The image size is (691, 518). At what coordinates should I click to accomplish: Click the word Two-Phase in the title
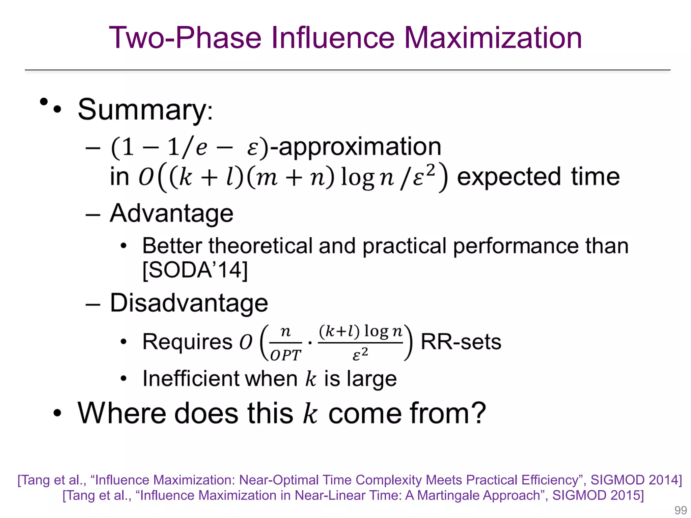[x=185, y=38]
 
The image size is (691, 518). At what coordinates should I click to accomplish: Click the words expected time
[x=538, y=177]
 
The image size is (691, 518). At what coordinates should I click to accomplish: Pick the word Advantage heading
[x=171, y=213]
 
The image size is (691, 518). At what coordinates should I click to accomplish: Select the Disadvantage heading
[x=189, y=303]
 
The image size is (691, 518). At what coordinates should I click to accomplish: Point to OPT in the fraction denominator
[x=285, y=355]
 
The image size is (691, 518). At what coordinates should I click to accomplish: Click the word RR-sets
[x=461, y=342]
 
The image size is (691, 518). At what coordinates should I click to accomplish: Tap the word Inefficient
[x=191, y=379]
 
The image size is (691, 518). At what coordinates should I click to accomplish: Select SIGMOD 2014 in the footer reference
[x=636, y=480]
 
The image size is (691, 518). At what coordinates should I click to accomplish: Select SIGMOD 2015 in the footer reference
[x=598, y=495]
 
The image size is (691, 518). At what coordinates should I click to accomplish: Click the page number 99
[x=681, y=510]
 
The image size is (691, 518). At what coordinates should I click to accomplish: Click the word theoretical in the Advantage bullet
[x=260, y=246]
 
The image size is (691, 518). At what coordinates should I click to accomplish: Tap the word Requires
[x=187, y=342]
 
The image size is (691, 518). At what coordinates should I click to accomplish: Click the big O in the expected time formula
[x=146, y=177]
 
